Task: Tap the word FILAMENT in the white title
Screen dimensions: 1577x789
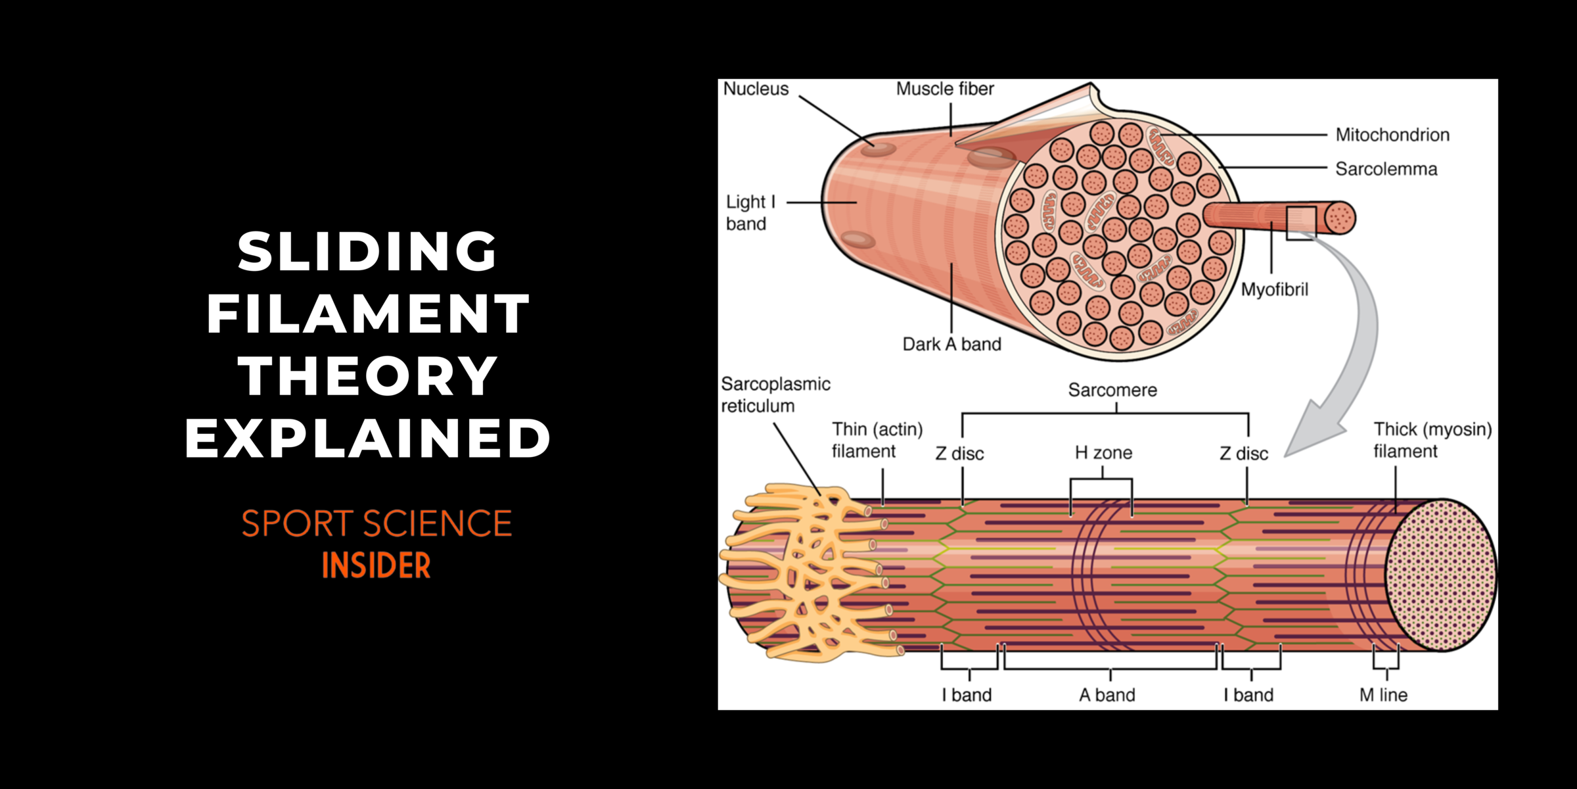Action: coord(368,314)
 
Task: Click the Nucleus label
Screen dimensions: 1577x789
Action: coord(756,89)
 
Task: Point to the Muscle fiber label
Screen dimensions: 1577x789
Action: coord(945,89)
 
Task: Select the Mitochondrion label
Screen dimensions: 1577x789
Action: coord(1392,135)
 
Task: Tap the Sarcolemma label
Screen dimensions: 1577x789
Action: coord(1386,169)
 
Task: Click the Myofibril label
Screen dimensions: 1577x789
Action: coord(1275,289)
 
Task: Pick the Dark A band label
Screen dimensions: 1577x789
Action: coord(952,344)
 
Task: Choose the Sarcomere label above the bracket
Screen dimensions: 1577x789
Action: coord(1112,390)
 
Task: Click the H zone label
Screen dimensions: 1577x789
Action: coord(1104,452)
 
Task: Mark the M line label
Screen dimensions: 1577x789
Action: coord(1383,695)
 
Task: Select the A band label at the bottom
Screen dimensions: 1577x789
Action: coord(1107,695)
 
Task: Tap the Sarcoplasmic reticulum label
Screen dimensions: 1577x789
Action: coord(775,394)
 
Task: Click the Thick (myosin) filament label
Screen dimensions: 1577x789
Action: coord(1432,440)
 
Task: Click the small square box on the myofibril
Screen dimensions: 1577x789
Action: coord(1301,224)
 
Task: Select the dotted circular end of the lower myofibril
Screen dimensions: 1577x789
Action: coord(1441,575)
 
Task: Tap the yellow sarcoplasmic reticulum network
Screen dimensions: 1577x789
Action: coord(811,572)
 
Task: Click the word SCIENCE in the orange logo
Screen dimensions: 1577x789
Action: coord(437,523)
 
